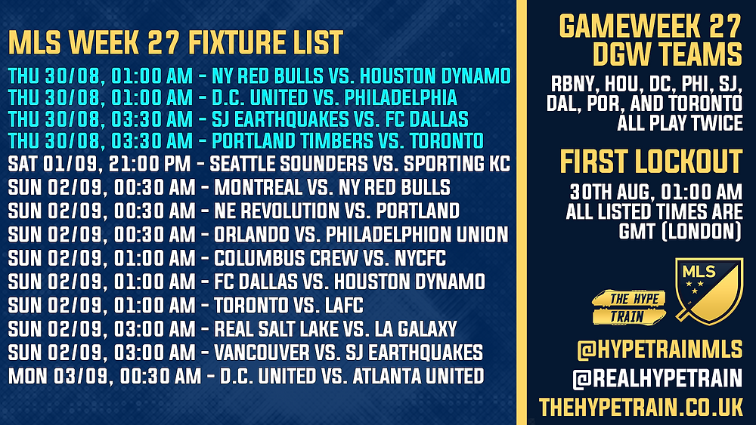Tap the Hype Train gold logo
click(x=629, y=307)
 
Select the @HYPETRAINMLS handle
click(x=659, y=350)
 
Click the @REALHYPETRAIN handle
click(x=658, y=378)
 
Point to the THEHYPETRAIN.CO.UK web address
click(x=641, y=407)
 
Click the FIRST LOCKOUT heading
click(x=651, y=162)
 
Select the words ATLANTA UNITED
click(x=419, y=376)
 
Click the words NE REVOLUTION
click(x=277, y=211)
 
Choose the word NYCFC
click(x=420, y=258)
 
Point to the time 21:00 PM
click(x=150, y=164)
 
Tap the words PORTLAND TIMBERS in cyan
click(x=293, y=140)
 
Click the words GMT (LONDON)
click(x=680, y=232)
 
